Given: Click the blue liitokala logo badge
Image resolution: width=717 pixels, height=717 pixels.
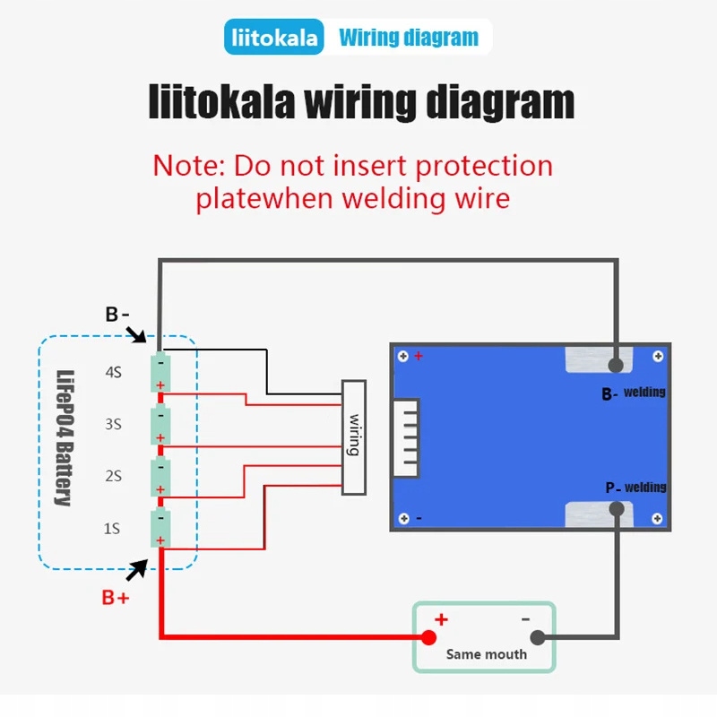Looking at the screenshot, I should [274, 38].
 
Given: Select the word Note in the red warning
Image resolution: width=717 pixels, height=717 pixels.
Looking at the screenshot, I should [187, 166].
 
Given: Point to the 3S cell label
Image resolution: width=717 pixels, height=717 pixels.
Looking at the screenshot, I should [113, 424].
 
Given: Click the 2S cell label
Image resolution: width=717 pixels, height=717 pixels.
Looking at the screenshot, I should [113, 476].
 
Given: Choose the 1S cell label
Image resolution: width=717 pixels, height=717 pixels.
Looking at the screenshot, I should [112, 529].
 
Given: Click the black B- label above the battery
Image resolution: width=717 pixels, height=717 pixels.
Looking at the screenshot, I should [117, 315].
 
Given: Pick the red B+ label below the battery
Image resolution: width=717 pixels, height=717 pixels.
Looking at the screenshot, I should [115, 598].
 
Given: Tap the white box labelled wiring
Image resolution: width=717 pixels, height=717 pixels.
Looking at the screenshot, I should [354, 436].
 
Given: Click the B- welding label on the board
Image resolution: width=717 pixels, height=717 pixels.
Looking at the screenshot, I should [634, 393].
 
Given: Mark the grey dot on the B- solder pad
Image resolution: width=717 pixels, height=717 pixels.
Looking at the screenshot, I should [616, 365].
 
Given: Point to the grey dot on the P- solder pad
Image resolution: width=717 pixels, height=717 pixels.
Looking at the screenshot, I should [617, 509].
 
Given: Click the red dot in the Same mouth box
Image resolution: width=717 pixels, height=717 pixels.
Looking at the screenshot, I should [428, 637].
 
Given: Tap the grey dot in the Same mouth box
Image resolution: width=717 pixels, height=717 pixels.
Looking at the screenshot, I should [538, 638].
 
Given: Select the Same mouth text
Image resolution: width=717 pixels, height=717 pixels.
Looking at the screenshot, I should [487, 654].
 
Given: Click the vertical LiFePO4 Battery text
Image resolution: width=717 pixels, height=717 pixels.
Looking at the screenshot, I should [65, 438].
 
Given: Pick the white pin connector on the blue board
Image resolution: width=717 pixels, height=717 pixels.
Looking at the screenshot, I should [410, 436].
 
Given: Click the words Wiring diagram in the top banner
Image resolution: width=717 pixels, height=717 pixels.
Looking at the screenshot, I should [409, 38].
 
